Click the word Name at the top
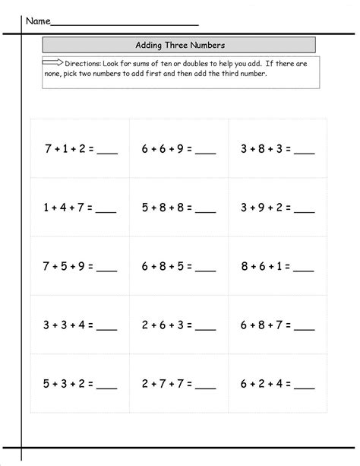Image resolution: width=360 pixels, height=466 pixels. coord(39,21)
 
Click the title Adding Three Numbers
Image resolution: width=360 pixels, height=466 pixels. coord(179,45)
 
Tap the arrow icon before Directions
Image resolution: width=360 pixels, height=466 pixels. coord(53,64)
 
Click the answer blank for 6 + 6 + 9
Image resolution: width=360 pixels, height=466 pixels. coord(206,152)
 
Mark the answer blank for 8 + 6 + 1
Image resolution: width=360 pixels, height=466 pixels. coord(304,270)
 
